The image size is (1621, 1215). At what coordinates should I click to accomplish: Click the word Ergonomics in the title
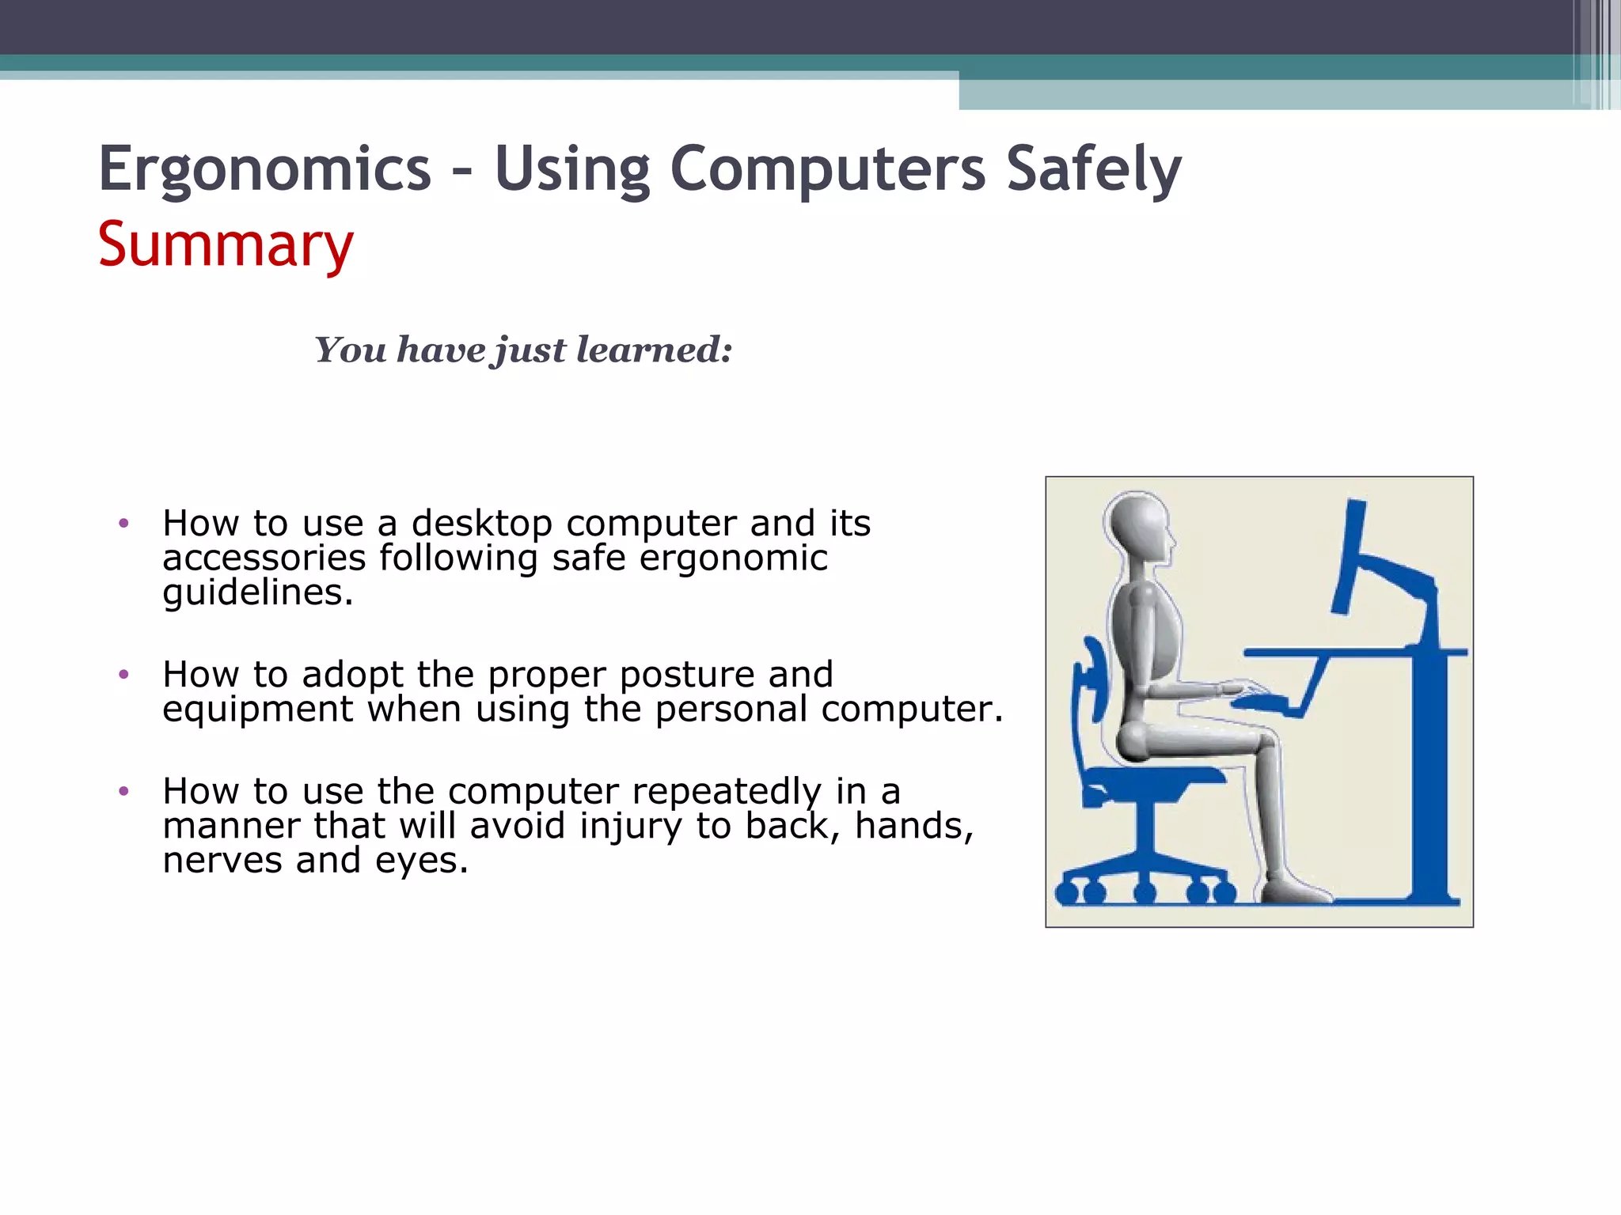point(264,170)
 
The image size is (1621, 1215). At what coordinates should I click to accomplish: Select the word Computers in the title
point(827,170)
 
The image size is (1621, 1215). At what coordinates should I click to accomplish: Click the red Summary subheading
point(226,245)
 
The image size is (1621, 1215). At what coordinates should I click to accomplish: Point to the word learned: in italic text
point(654,350)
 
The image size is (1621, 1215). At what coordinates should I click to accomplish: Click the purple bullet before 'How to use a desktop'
point(123,523)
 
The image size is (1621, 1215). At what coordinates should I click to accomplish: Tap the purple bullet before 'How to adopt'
point(123,675)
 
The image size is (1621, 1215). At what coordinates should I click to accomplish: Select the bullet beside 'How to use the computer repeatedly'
point(123,791)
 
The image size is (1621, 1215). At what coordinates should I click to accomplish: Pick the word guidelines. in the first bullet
point(257,592)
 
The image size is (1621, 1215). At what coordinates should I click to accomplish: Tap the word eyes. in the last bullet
point(421,860)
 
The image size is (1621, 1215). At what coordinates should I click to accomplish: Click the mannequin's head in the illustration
point(1138,526)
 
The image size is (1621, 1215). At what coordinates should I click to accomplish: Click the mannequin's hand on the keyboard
point(1243,687)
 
